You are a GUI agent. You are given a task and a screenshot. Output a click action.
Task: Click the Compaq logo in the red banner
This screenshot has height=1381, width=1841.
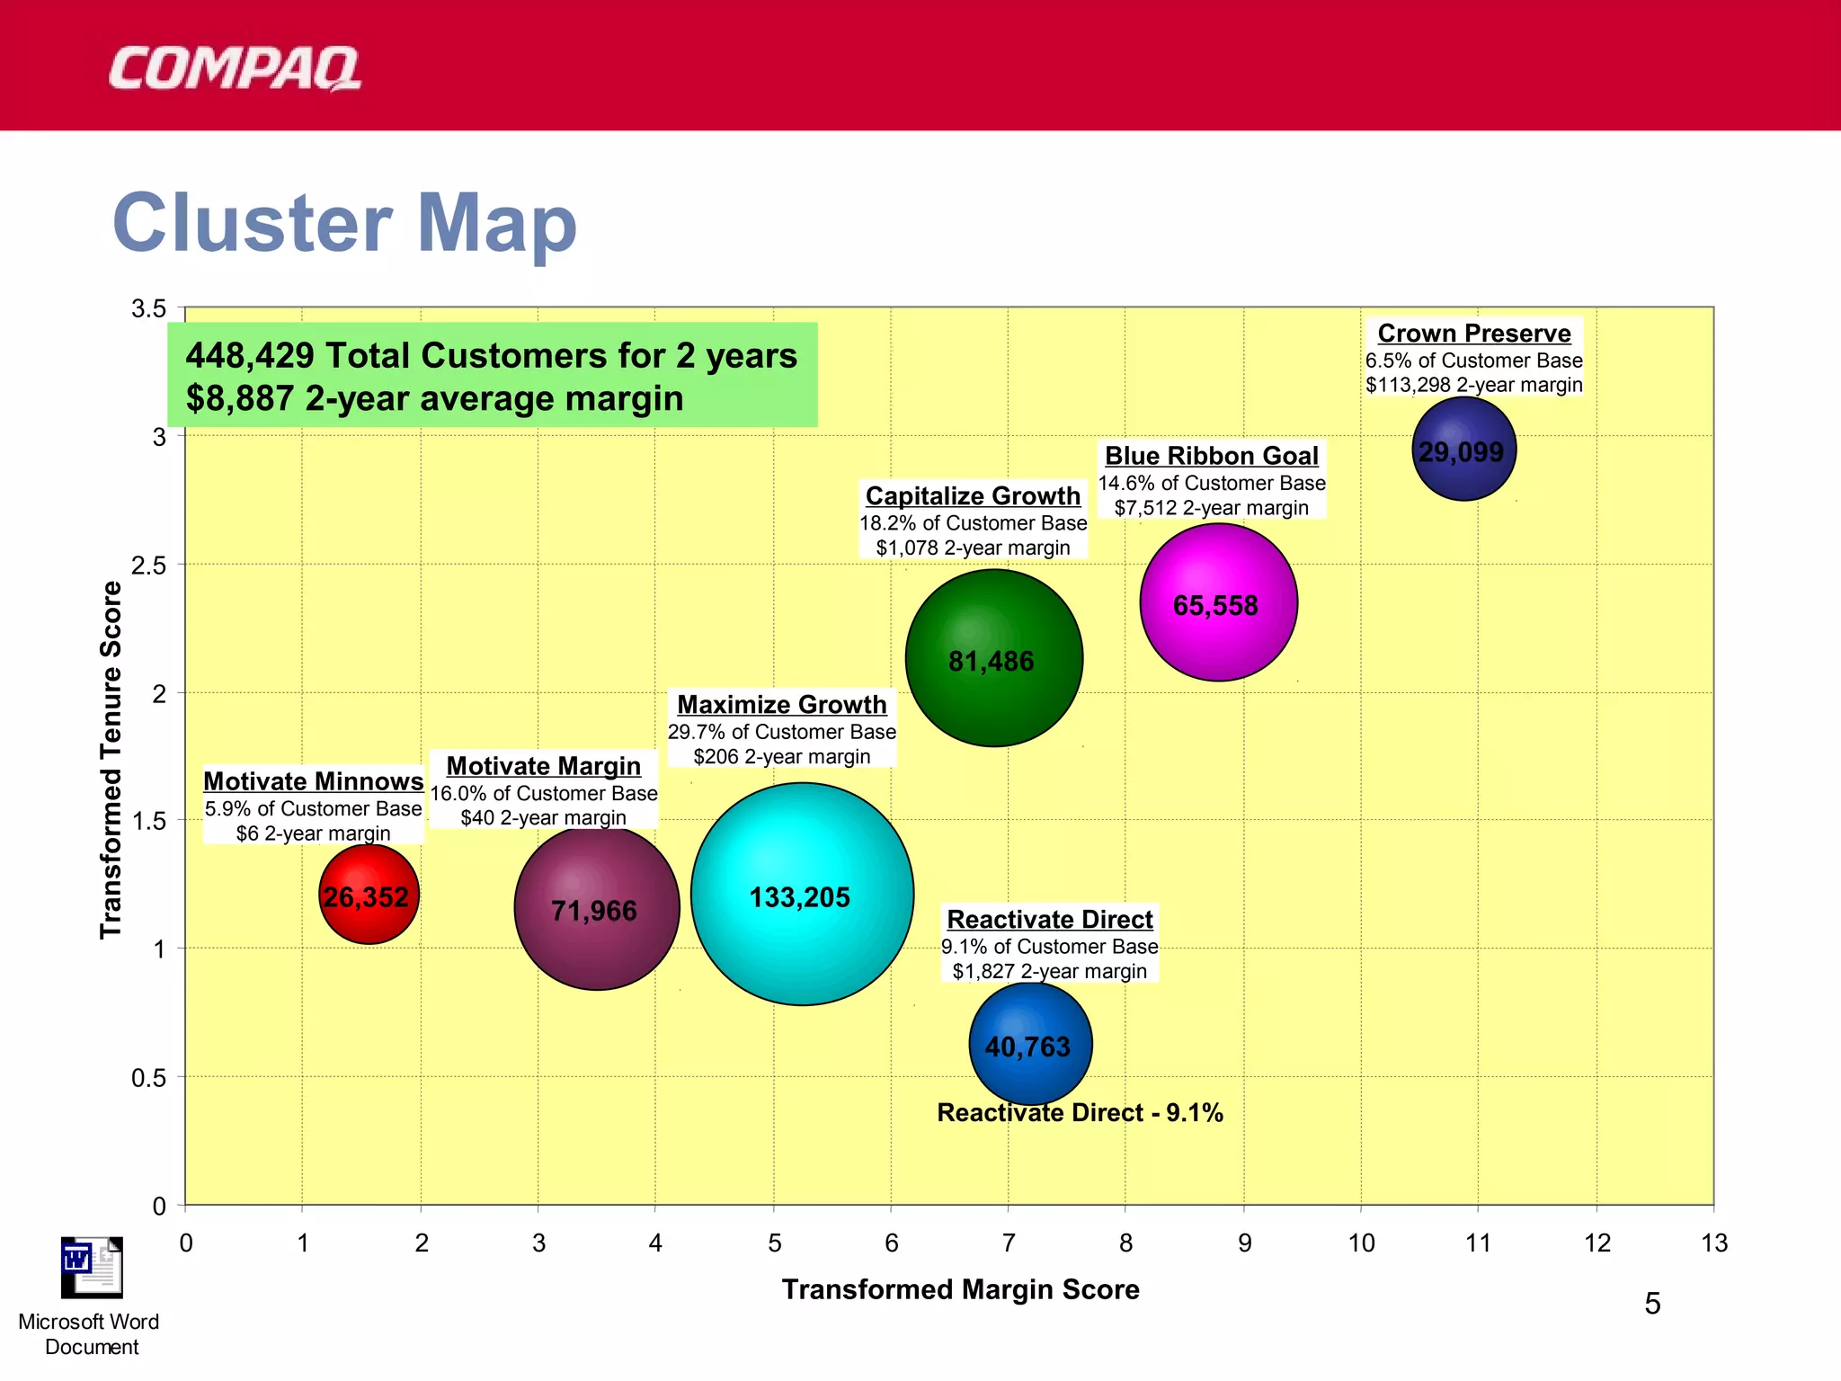point(235,69)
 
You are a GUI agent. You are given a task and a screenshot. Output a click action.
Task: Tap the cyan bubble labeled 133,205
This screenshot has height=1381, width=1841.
point(802,895)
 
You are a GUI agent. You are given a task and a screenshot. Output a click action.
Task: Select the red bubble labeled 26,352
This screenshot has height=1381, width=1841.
point(369,895)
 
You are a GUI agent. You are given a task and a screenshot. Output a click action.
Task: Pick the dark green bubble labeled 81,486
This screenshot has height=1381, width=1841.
point(993,659)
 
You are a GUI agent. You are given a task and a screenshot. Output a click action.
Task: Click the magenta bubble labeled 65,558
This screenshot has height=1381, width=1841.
point(1218,603)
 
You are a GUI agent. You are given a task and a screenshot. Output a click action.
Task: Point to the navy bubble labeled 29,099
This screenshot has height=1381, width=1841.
point(1463,450)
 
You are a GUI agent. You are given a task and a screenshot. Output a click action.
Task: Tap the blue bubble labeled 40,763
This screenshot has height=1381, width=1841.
point(1030,1045)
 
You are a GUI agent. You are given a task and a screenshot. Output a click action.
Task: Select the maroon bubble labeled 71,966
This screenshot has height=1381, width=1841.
point(596,908)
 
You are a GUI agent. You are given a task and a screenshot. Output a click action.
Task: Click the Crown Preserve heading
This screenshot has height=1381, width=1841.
point(1474,334)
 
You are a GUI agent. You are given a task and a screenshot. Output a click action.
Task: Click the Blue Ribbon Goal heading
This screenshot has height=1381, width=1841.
point(1211,456)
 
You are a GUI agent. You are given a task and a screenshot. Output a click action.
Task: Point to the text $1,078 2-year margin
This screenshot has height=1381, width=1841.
point(973,548)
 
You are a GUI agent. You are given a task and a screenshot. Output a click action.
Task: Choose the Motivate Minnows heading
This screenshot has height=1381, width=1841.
point(313,780)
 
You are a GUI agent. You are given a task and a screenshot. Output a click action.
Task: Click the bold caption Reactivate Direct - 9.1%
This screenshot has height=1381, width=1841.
point(1080,1113)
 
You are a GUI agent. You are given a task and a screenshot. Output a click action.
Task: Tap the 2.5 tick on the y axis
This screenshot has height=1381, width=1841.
point(148,566)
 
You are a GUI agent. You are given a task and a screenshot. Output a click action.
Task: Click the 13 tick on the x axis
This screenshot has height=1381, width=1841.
point(1713,1243)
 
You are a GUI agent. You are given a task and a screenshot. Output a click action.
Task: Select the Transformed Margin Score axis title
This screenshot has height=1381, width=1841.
point(960,1289)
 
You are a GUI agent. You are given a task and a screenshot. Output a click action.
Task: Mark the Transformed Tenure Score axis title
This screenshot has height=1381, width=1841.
point(111,760)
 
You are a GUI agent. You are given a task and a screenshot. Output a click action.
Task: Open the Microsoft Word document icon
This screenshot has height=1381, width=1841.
point(91,1269)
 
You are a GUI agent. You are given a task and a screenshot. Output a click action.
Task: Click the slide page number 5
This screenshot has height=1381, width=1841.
point(1652,1304)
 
